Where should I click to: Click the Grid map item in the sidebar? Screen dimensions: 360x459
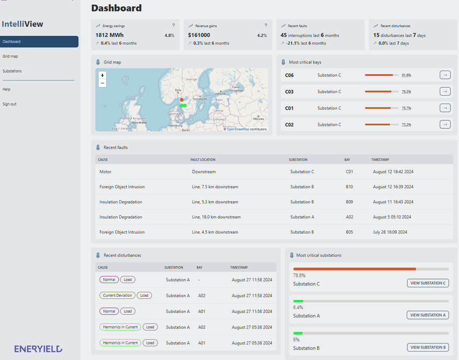pos(10,56)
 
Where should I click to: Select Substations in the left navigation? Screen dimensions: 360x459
pos(12,71)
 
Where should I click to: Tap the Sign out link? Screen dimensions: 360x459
pos(9,104)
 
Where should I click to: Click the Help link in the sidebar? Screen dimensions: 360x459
pos(6,89)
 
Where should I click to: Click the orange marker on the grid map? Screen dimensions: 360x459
pos(181,99)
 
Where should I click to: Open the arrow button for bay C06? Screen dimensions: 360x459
pos(445,75)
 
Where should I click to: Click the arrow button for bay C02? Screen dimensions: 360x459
pos(445,124)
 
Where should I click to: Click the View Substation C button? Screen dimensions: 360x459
pos(428,283)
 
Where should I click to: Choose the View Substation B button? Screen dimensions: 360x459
pos(428,347)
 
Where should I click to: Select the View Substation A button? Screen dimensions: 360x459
pos(428,315)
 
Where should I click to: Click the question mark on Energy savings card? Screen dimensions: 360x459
pos(174,25)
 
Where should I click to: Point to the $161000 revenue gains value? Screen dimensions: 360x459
pos(203,35)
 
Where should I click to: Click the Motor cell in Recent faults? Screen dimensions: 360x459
pos(105,171)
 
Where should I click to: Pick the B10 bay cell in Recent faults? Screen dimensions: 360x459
pos(349,187)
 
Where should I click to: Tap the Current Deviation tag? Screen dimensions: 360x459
pos(118,295)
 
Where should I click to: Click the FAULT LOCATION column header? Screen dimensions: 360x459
pos(203,159)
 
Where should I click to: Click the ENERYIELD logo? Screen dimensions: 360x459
pos(38,349)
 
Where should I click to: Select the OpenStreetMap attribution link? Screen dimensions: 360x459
pos(238,129)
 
